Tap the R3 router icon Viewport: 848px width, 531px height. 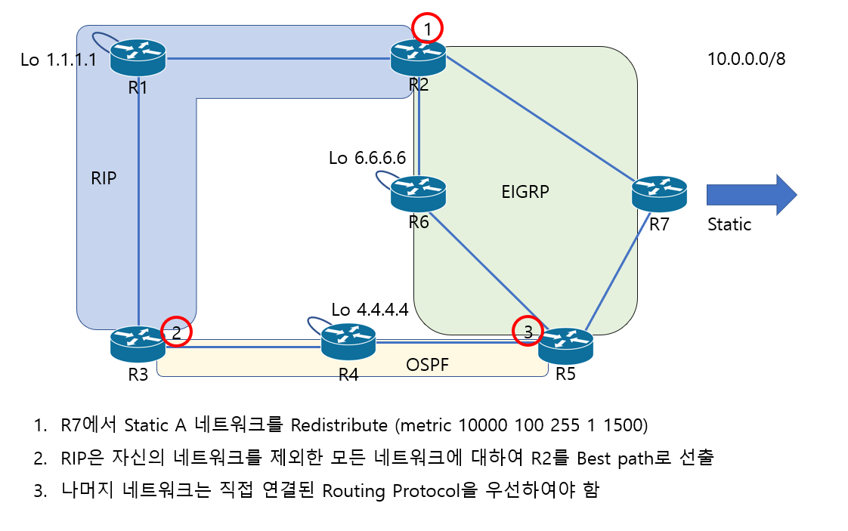click(x=138, y=344)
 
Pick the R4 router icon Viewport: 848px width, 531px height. click(x=348, y=341)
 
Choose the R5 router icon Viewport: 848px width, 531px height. click(x=566, y=346)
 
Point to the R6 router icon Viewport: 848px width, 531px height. click(x=419, y=193)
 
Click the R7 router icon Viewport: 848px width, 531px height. click(x=660, y=193)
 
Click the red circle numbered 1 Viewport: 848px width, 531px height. click(x=428, y=29)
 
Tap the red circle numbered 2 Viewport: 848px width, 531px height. click(x=176, y=331)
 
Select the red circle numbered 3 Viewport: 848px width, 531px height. click(x=528, y=331)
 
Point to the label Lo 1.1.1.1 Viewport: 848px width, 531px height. click(x=59, y=60)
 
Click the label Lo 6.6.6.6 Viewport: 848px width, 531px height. click(x=367, y=159)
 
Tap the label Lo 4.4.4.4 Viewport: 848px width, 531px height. click(x=370, y=310)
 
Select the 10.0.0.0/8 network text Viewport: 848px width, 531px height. click(x=746, y=59)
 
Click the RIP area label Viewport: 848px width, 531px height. click(x=103, y=178)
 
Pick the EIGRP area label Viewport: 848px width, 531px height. click(x=525, y=193)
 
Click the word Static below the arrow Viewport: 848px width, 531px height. click(x=729, y=224)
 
